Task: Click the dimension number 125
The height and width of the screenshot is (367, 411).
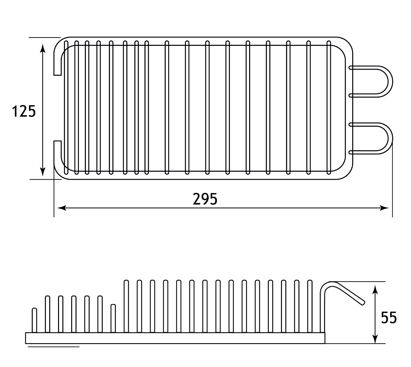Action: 24,111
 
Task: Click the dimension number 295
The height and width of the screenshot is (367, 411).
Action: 205,199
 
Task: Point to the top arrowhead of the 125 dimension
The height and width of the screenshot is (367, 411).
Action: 43,48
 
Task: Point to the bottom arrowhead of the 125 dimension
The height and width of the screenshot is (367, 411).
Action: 43,172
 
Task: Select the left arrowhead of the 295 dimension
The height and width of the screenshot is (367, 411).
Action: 62,208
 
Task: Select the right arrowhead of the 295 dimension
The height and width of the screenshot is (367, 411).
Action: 384,208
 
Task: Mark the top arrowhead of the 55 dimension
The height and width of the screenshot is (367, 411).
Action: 375,290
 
